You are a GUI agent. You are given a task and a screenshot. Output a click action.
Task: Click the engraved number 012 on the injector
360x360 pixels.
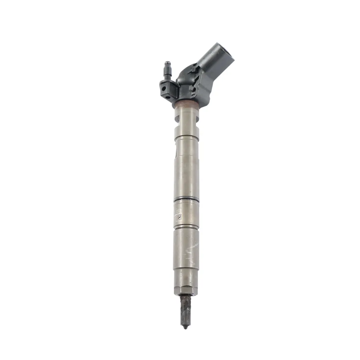pos(179,211)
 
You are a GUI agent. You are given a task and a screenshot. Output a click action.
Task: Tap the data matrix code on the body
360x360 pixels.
pos(179,217)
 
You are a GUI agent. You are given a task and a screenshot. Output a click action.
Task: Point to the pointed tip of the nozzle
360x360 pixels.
pos(185,327)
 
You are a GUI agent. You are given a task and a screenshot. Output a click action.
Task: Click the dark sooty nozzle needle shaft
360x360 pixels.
pos(185,310)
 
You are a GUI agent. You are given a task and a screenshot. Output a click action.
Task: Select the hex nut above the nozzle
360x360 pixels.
pos(186,289)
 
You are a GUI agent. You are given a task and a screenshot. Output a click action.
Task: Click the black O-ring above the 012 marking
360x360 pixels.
pos(186,199)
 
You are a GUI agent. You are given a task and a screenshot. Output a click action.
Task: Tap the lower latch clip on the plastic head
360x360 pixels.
pos(193,89)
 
